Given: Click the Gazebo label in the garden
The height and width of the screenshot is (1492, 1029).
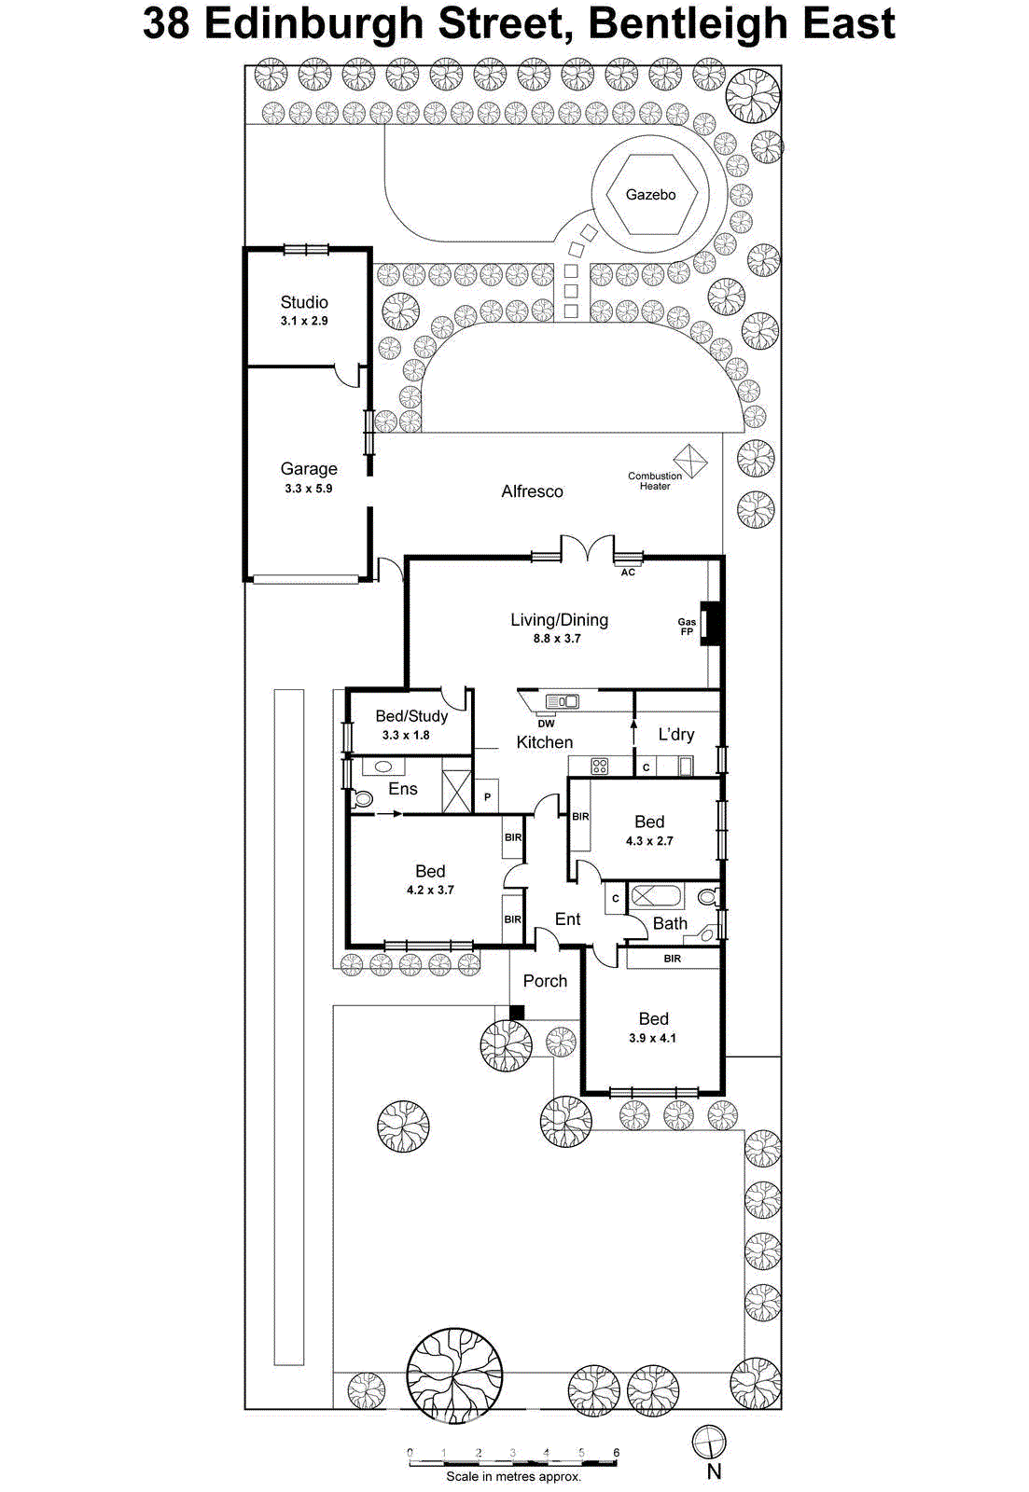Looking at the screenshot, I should tap(650, 195).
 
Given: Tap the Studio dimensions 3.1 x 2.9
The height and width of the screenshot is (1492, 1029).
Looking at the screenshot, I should tap(304, 321).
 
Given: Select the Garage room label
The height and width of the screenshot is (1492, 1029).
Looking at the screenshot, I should tap(309, 469).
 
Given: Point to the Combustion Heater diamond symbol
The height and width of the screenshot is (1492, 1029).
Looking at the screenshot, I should tap(690, 461).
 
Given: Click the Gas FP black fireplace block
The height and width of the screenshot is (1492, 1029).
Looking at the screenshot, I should tap(713, 625).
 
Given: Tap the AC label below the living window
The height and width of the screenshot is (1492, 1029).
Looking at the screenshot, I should tap(628, 573).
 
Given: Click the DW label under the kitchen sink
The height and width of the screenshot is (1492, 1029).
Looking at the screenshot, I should tap(546, 724).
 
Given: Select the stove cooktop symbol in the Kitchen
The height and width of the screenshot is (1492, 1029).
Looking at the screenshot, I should tap(600, 767).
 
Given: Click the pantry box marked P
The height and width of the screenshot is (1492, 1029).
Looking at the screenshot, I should tap(487, 797).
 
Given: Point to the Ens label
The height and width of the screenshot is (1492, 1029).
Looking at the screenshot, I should tap(403, 789).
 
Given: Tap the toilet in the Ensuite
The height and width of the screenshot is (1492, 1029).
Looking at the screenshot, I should tap(362, 799).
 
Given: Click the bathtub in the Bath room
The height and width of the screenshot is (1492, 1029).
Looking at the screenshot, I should tap(657, 897).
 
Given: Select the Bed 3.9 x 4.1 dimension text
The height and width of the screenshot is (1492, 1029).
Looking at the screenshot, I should tap(652, 1038).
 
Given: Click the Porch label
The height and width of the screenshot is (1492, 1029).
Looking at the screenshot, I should tap(545, 981).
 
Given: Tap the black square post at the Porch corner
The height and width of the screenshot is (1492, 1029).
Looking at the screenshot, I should tap(517, 1012).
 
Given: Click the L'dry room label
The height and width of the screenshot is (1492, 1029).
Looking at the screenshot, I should tap(676, 735).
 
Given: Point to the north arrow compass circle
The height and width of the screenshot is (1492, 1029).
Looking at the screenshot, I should tap(709, 1442).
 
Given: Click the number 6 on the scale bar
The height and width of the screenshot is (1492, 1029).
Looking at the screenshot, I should tap(616, 1453).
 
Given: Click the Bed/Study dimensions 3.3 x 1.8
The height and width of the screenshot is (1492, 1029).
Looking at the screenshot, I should tap(406, 735).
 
